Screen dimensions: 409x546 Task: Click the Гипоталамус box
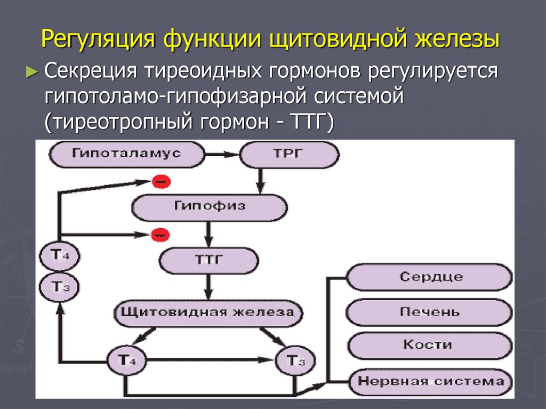[127, 154]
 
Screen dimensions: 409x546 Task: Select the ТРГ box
[289, 154]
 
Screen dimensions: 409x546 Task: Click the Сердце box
[430, 277]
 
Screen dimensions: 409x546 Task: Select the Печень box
[430, 311]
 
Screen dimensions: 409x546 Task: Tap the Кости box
[430, 345]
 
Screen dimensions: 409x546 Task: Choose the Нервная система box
[430, 381]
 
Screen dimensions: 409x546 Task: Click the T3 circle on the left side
[59, 287]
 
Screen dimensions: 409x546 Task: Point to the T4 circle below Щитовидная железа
[124, 361]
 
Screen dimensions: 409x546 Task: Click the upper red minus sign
[160, 182]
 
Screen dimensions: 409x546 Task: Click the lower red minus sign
[159, 234]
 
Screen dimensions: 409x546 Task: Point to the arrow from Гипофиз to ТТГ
[209, 233]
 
